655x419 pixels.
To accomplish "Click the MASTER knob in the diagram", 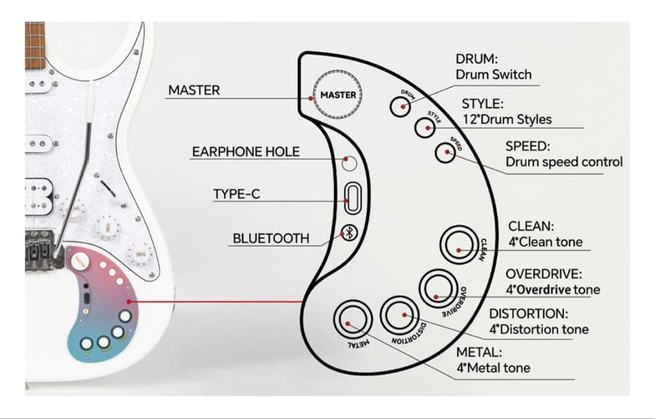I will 338,95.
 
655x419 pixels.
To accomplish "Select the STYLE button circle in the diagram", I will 425,127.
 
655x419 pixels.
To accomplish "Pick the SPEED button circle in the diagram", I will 446,152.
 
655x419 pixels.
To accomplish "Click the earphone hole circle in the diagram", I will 349,163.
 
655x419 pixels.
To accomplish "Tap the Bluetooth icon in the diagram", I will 349,233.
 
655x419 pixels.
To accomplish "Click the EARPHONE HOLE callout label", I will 246,152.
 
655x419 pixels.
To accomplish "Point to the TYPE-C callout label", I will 237,195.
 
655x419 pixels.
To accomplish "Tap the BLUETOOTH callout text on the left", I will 270,238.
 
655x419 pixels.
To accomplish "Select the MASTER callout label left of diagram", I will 194,90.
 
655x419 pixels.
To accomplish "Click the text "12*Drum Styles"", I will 506,119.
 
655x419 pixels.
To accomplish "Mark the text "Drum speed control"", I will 564,163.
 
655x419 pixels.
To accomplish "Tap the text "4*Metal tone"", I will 493,368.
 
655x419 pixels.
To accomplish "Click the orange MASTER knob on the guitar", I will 78,261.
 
